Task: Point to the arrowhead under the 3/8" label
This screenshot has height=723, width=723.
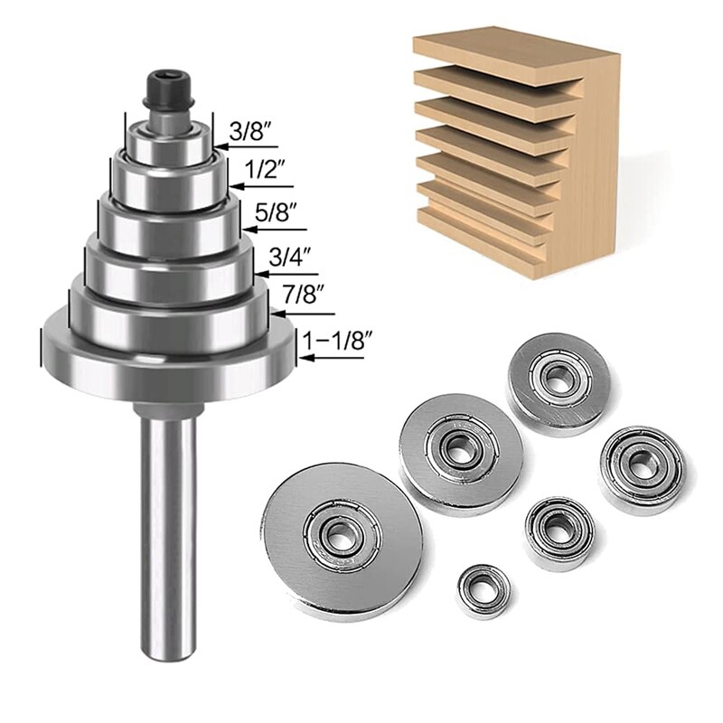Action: click(219, 146)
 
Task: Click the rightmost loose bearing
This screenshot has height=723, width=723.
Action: click(641, 468)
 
